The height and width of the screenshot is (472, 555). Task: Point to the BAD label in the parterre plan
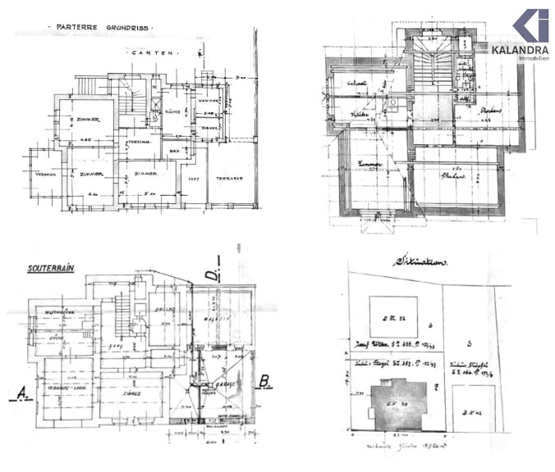click(x=175, y=152)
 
